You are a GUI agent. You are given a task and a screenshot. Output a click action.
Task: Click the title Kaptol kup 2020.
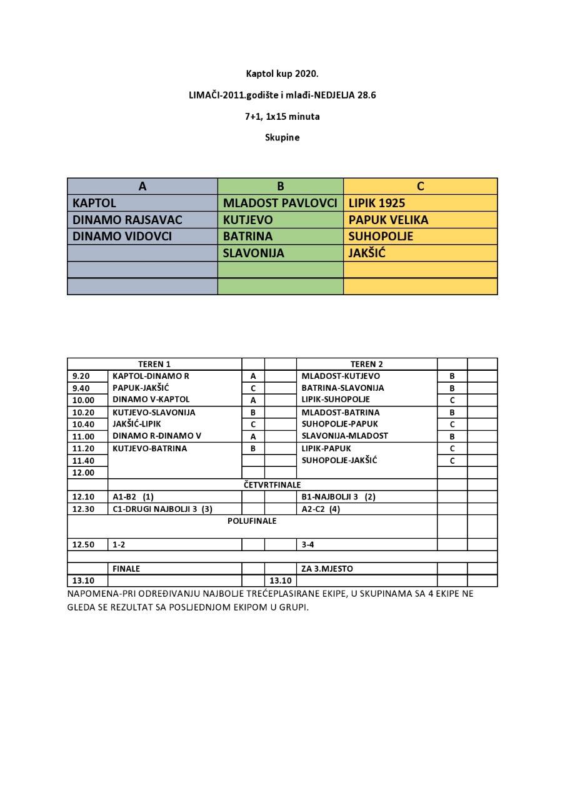click(x=282, y=74)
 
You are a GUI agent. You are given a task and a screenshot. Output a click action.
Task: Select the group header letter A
click(x=142, y=186)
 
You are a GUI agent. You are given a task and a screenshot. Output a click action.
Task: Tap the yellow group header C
click(x=421, y=186)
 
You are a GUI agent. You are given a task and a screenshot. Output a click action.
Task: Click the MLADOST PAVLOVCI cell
click(x=280, y=203)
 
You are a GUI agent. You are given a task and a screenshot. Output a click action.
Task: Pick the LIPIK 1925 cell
click(x=377, y=203)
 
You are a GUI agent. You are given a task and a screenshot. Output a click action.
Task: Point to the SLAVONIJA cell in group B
click(x=253, y=253)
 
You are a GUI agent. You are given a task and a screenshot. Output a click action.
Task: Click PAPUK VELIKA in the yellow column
click(x=388, y=220)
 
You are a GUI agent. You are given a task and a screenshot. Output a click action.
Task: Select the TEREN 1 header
click(x=154, y=364)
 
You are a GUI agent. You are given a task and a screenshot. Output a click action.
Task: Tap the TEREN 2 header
click(x=367, y=364)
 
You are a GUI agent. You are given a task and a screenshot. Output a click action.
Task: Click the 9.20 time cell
click(x=81, y=376)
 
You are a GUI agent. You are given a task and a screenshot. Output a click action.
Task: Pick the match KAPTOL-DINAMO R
click(x=151, y=376)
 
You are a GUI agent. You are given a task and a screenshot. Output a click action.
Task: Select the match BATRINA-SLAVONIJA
click(x=342, y=388)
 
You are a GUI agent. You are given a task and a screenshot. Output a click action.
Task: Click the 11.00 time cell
click(x=83, y=436)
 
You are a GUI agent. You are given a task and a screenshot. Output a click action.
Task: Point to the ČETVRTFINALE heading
click(x=272, y=484)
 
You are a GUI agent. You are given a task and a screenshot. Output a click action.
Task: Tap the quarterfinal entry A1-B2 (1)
click(x=133, y=497)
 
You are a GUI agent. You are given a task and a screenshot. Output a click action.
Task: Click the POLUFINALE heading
click(x=252, y=521)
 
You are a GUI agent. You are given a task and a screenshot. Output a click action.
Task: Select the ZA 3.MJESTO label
click(x=327, y=569)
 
